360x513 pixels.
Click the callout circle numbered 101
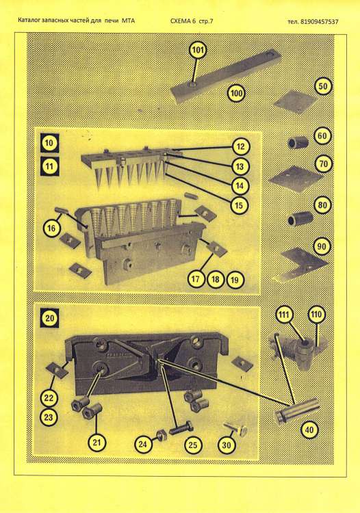pos(198,51)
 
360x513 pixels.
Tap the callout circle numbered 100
pos(236,93)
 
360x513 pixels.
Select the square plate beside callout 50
pos(296,102)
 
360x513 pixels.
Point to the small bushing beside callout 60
pos(298,143)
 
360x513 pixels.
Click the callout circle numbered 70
pos(323,163)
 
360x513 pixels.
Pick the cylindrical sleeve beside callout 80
pos(300,219)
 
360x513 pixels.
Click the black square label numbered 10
pos(49,143)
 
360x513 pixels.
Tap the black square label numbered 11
pos(49,166)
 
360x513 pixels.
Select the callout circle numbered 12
pos(240,146)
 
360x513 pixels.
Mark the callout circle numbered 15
pos(240,205)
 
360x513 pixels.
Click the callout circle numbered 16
pos(52,228)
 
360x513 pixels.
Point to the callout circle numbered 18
pos(215,279)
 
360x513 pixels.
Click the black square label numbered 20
pos(49,317)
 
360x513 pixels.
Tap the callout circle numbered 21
pos(97,443)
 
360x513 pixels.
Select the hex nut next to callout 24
pos(161,434)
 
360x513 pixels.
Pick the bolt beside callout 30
pos(235,429)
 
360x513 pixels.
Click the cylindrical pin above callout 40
pos(297,411)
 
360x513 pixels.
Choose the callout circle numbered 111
pos(284,315)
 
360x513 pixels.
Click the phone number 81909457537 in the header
pos(320,22)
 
